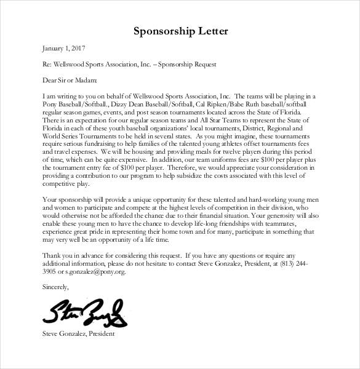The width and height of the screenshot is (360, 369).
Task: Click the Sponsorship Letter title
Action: pyautogui.click(x=180, y=31)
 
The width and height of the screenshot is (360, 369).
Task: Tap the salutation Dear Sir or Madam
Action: pyautogui.click(x=62, y=79)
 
